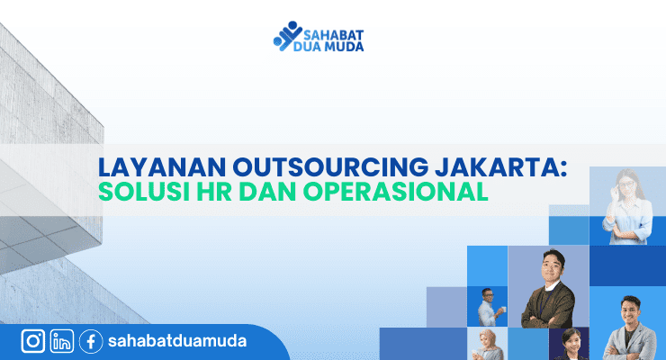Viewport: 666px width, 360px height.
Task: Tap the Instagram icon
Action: click(x=33, y=341)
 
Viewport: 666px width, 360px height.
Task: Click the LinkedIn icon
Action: click(x=62, y=341)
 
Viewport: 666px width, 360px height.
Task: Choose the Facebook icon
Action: click(x=90, y=341)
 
